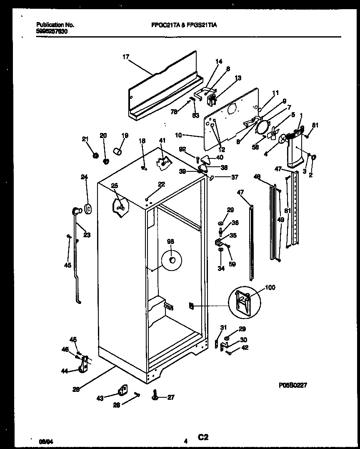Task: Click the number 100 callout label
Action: click(x=270, y=288)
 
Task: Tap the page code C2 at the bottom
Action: click(x=203, y=437)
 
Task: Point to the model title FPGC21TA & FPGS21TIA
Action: click(x=184, y=25)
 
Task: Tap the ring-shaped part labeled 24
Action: click(x=88, y=208)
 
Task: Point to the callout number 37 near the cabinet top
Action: click(x=235, y=177)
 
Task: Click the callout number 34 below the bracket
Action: click(x=221, y=268)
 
